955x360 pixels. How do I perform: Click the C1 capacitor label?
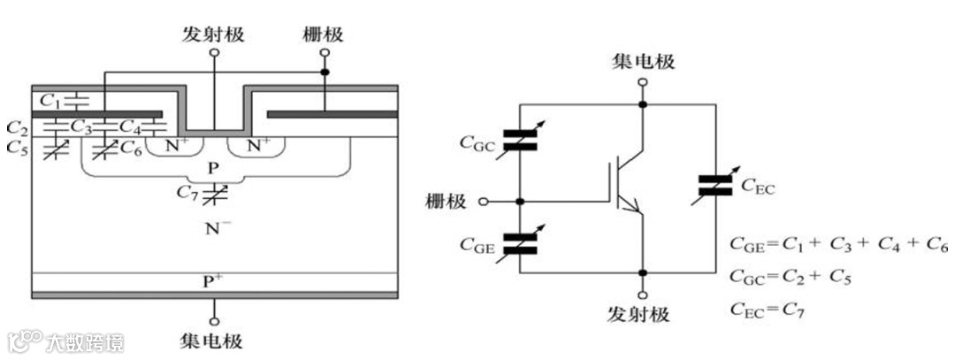(50, 96)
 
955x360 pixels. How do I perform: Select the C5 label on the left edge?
(16, 148)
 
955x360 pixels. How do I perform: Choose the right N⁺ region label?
(257, 142)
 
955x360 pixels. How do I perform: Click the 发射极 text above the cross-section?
(213, 34)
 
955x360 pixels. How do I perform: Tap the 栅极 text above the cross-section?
(323, 34)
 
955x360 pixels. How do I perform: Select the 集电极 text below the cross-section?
(213, 340)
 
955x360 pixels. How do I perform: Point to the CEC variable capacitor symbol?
(714, 184)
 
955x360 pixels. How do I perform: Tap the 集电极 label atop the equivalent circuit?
(644, 61)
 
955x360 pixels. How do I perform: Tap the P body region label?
(213, 167)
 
